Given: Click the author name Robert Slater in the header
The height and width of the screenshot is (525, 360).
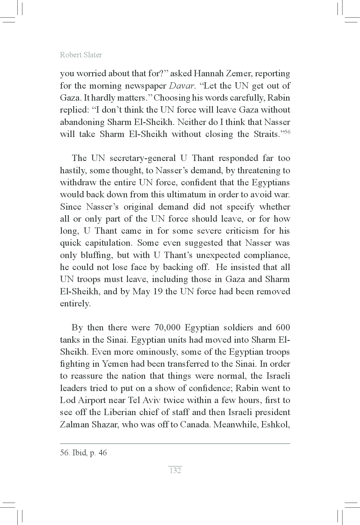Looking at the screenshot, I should (x=81, y=55).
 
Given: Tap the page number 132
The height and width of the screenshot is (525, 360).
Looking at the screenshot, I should (x=175, y=470).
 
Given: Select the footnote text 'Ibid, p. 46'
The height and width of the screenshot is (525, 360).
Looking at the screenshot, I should (x=89, y=453).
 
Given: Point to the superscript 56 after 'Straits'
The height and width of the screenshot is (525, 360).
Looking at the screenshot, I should (x=287, y=132).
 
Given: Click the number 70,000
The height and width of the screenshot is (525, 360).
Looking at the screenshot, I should (x=167, y=327).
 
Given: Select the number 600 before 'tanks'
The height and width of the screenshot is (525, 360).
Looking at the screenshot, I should (x=283, y=327).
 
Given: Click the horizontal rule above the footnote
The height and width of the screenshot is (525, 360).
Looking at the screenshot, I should (x=175, y=444).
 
